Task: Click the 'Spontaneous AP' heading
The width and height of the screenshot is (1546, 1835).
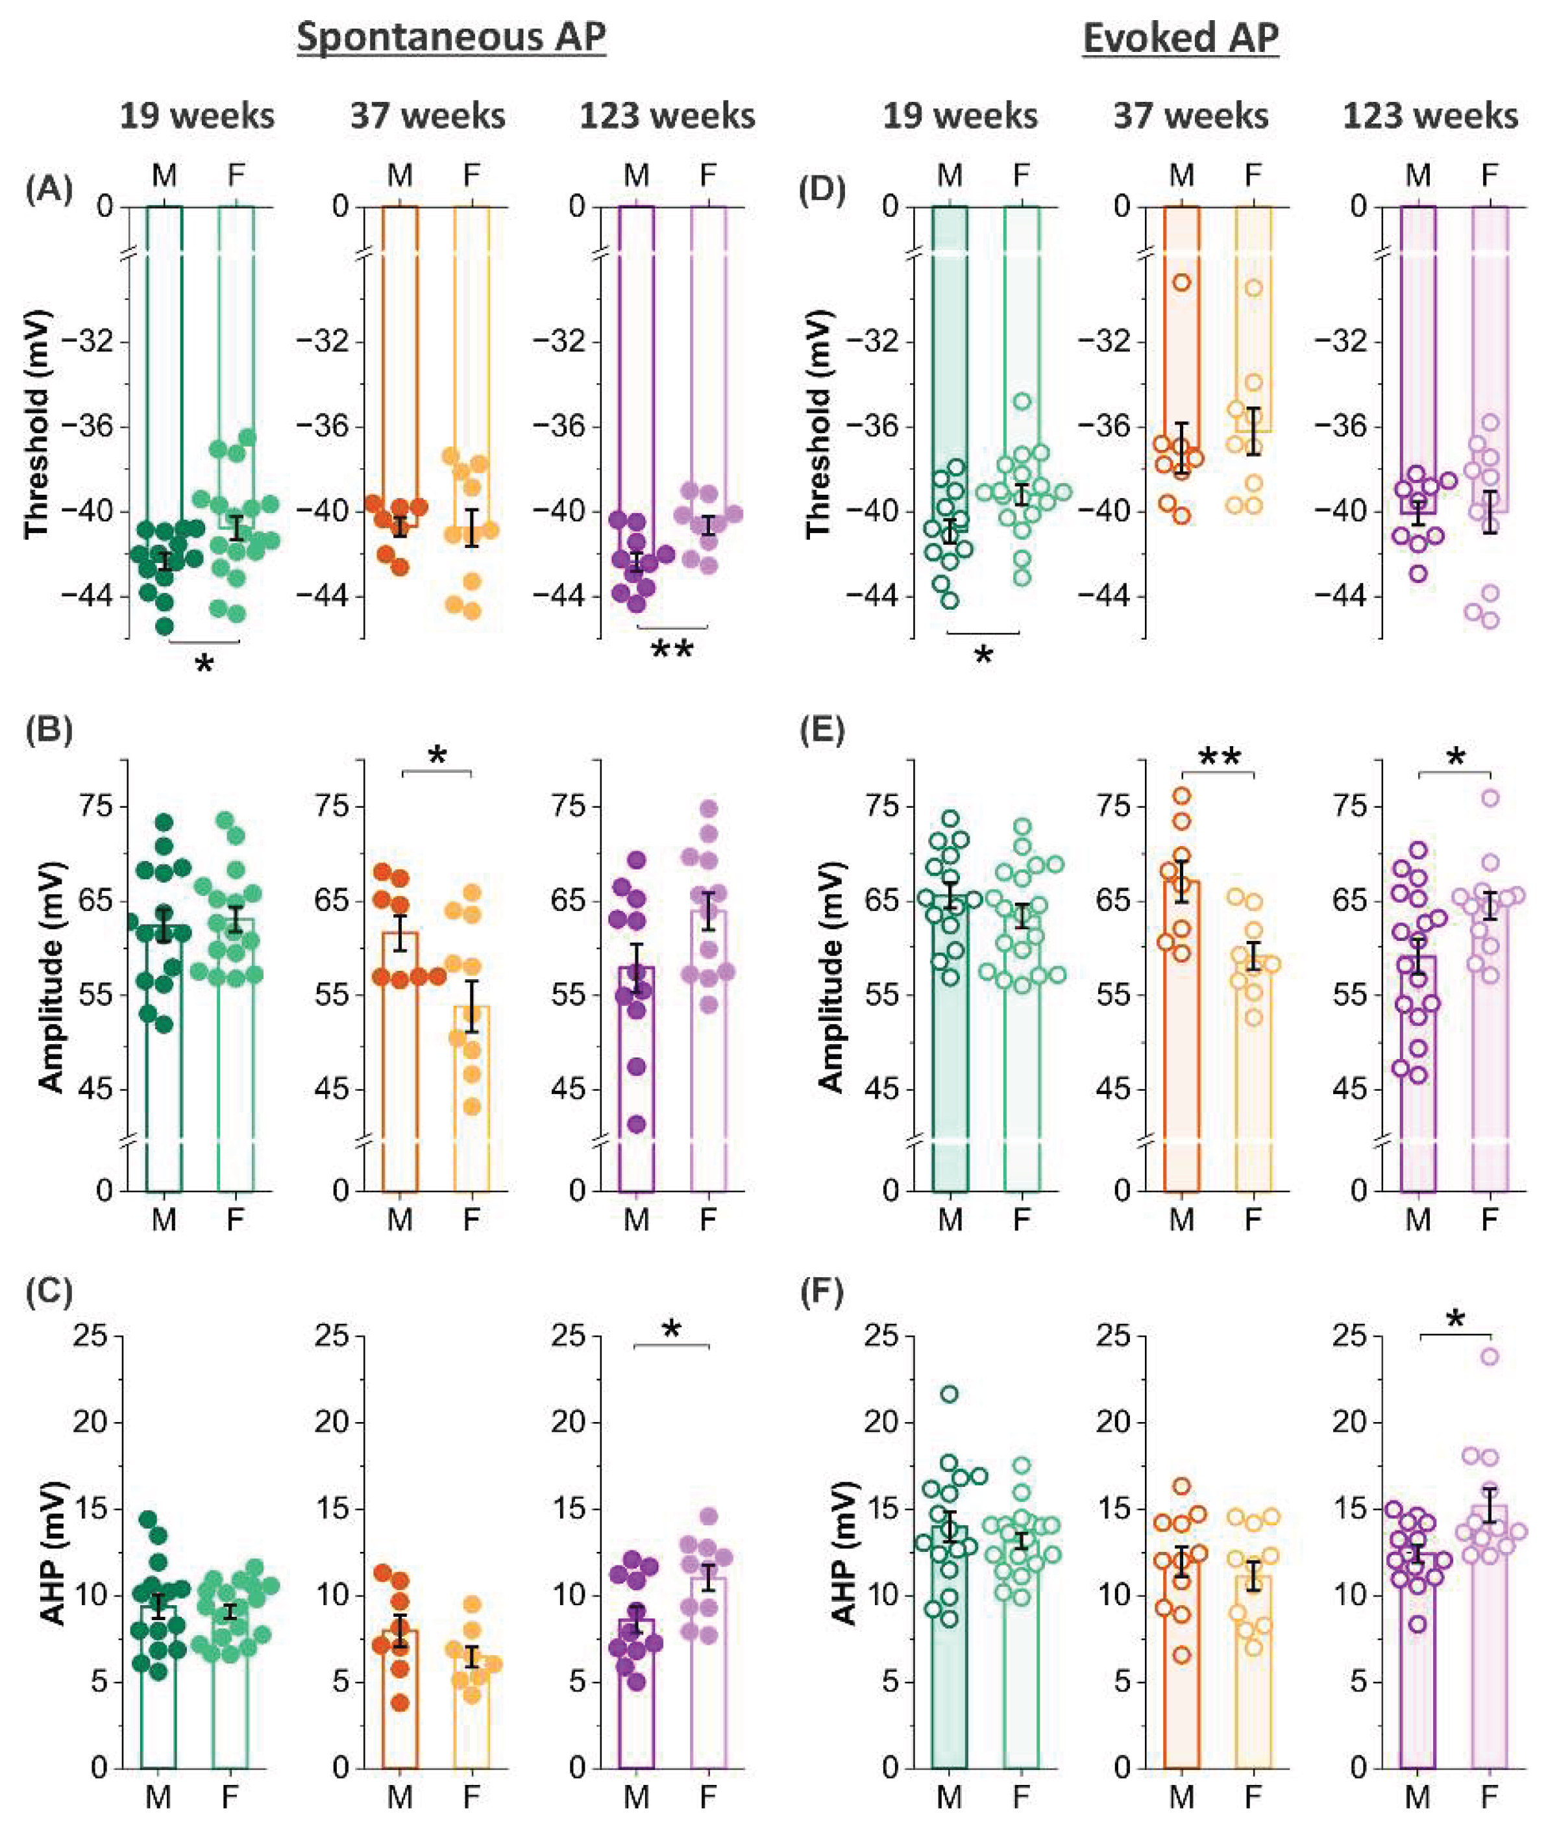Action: point(451,38)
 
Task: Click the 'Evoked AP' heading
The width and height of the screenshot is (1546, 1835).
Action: point(1181,38)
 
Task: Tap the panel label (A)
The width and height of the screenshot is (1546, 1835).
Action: point(48,188)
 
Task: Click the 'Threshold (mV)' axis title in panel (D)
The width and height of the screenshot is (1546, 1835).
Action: point(817,423)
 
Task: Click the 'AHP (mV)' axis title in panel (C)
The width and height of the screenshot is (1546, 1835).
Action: point(55,1552)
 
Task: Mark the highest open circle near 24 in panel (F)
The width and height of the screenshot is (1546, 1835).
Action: point(1489,1357)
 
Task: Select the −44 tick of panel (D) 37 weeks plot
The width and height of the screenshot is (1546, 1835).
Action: point(1111,597)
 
